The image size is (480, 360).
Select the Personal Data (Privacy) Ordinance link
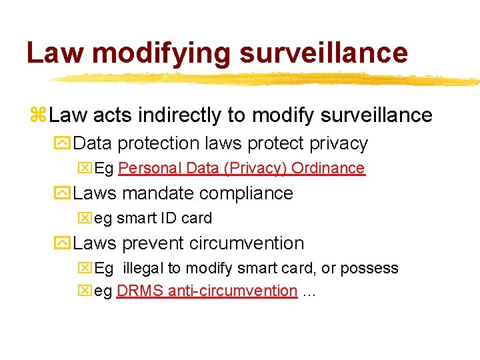(241, 168)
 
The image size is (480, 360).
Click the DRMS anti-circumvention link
(207, 291)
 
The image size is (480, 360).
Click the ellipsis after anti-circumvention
(309, 291)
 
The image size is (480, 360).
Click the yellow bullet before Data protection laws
(64, 143)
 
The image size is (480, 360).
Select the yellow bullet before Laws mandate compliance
(64, 193)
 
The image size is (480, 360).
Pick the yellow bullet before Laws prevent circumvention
(64, 243)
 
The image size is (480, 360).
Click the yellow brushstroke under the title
(267, 79)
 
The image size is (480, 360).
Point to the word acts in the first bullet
(111, 115)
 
